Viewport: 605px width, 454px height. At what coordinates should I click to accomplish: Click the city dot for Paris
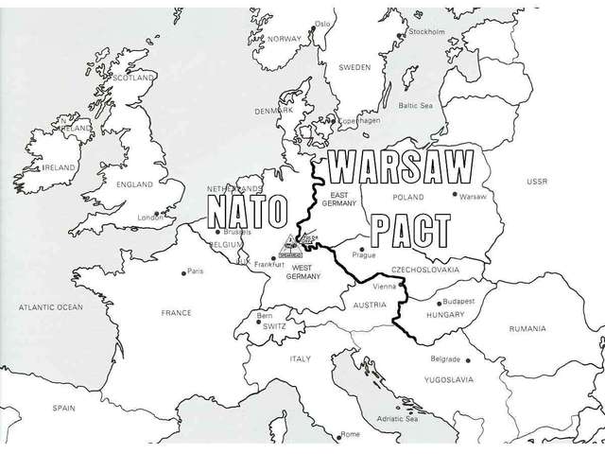183,272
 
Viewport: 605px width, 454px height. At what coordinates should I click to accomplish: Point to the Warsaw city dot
455,195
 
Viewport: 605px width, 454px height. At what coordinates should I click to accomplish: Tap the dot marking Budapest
436,304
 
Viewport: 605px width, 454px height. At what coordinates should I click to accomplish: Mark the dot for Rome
337,434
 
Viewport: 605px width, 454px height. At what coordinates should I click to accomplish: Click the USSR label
538,181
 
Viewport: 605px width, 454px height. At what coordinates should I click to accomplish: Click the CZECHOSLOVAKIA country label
425,270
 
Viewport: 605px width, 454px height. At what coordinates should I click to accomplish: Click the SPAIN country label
63,408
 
